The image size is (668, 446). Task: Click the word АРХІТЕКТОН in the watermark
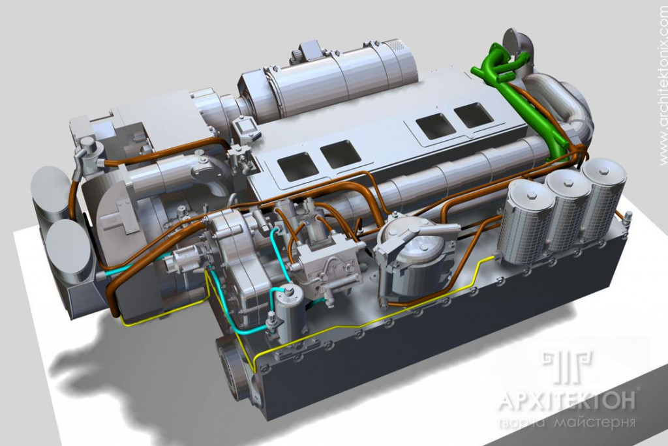pos(567,401)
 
